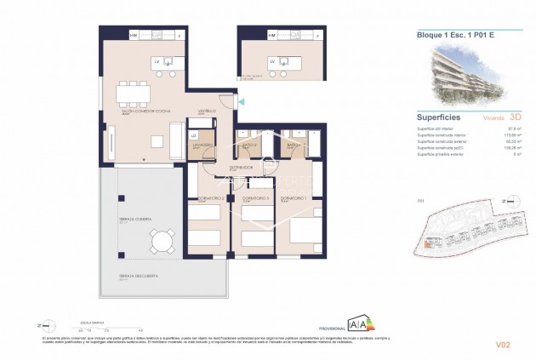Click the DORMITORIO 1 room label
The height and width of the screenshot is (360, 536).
[294, 198]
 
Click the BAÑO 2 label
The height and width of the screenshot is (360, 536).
[249, 146]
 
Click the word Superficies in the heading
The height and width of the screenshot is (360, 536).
[438, 118]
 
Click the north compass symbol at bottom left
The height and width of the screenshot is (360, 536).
[50, 324]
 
